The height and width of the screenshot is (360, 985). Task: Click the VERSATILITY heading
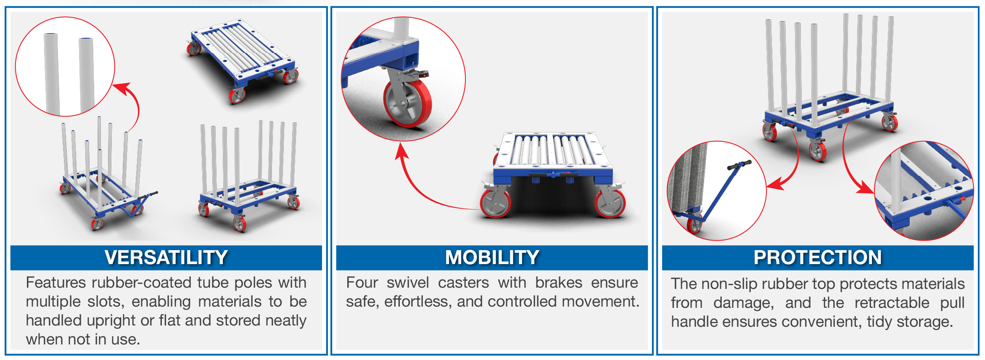(x=166, y=257)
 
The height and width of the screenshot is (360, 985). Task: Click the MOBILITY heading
(x=492, y=257)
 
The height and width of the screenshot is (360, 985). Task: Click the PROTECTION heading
(x=818, y=257)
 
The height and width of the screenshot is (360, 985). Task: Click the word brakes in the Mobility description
(x=559, y=283)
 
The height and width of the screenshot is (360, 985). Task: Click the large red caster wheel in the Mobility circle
(x=407, y=103)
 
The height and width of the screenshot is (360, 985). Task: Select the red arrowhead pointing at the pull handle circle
(x=774, y=184)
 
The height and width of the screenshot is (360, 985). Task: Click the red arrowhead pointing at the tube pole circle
(x=122, y=88)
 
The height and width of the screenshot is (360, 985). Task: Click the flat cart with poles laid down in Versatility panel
(x=243, y=61)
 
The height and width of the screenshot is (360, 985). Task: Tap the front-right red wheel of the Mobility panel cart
(x=610, y=204)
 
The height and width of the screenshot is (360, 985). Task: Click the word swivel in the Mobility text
(x=408, y=283)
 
